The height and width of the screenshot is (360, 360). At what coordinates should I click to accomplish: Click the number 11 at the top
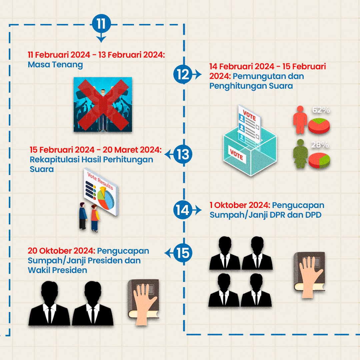click(x=101, y=24)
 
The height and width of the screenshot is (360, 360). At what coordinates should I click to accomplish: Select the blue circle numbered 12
click(x=183, y=74)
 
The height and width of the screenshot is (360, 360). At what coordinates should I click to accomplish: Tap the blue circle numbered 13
click(x=183, y=155)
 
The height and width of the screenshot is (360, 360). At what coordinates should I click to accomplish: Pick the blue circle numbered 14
click(x=183, y=210)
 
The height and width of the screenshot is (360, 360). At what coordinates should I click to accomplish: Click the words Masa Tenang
click(x=55, y=64)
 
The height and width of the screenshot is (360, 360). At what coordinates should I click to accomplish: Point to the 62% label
click(x=321, y=110)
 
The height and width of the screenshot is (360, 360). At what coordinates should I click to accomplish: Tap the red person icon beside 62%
click(x=300, y=120)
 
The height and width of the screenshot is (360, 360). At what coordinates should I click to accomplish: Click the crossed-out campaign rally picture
click(x=103, y=104)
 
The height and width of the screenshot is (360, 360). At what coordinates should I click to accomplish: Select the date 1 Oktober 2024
click(x=240, y=205)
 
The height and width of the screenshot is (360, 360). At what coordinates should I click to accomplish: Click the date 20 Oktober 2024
click(x=62, y=250)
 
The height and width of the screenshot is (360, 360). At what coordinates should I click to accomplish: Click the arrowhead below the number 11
click(x=101, y=39)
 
